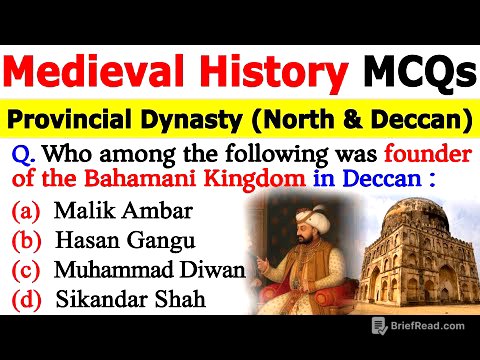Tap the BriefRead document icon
pyautogui.click(x=379, y=324)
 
